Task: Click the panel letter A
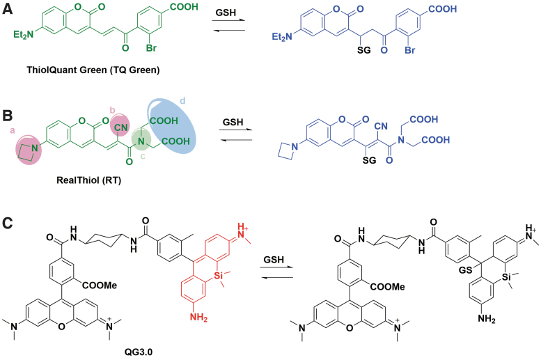[x=8, y=8]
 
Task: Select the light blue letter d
[x=182, y=102]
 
